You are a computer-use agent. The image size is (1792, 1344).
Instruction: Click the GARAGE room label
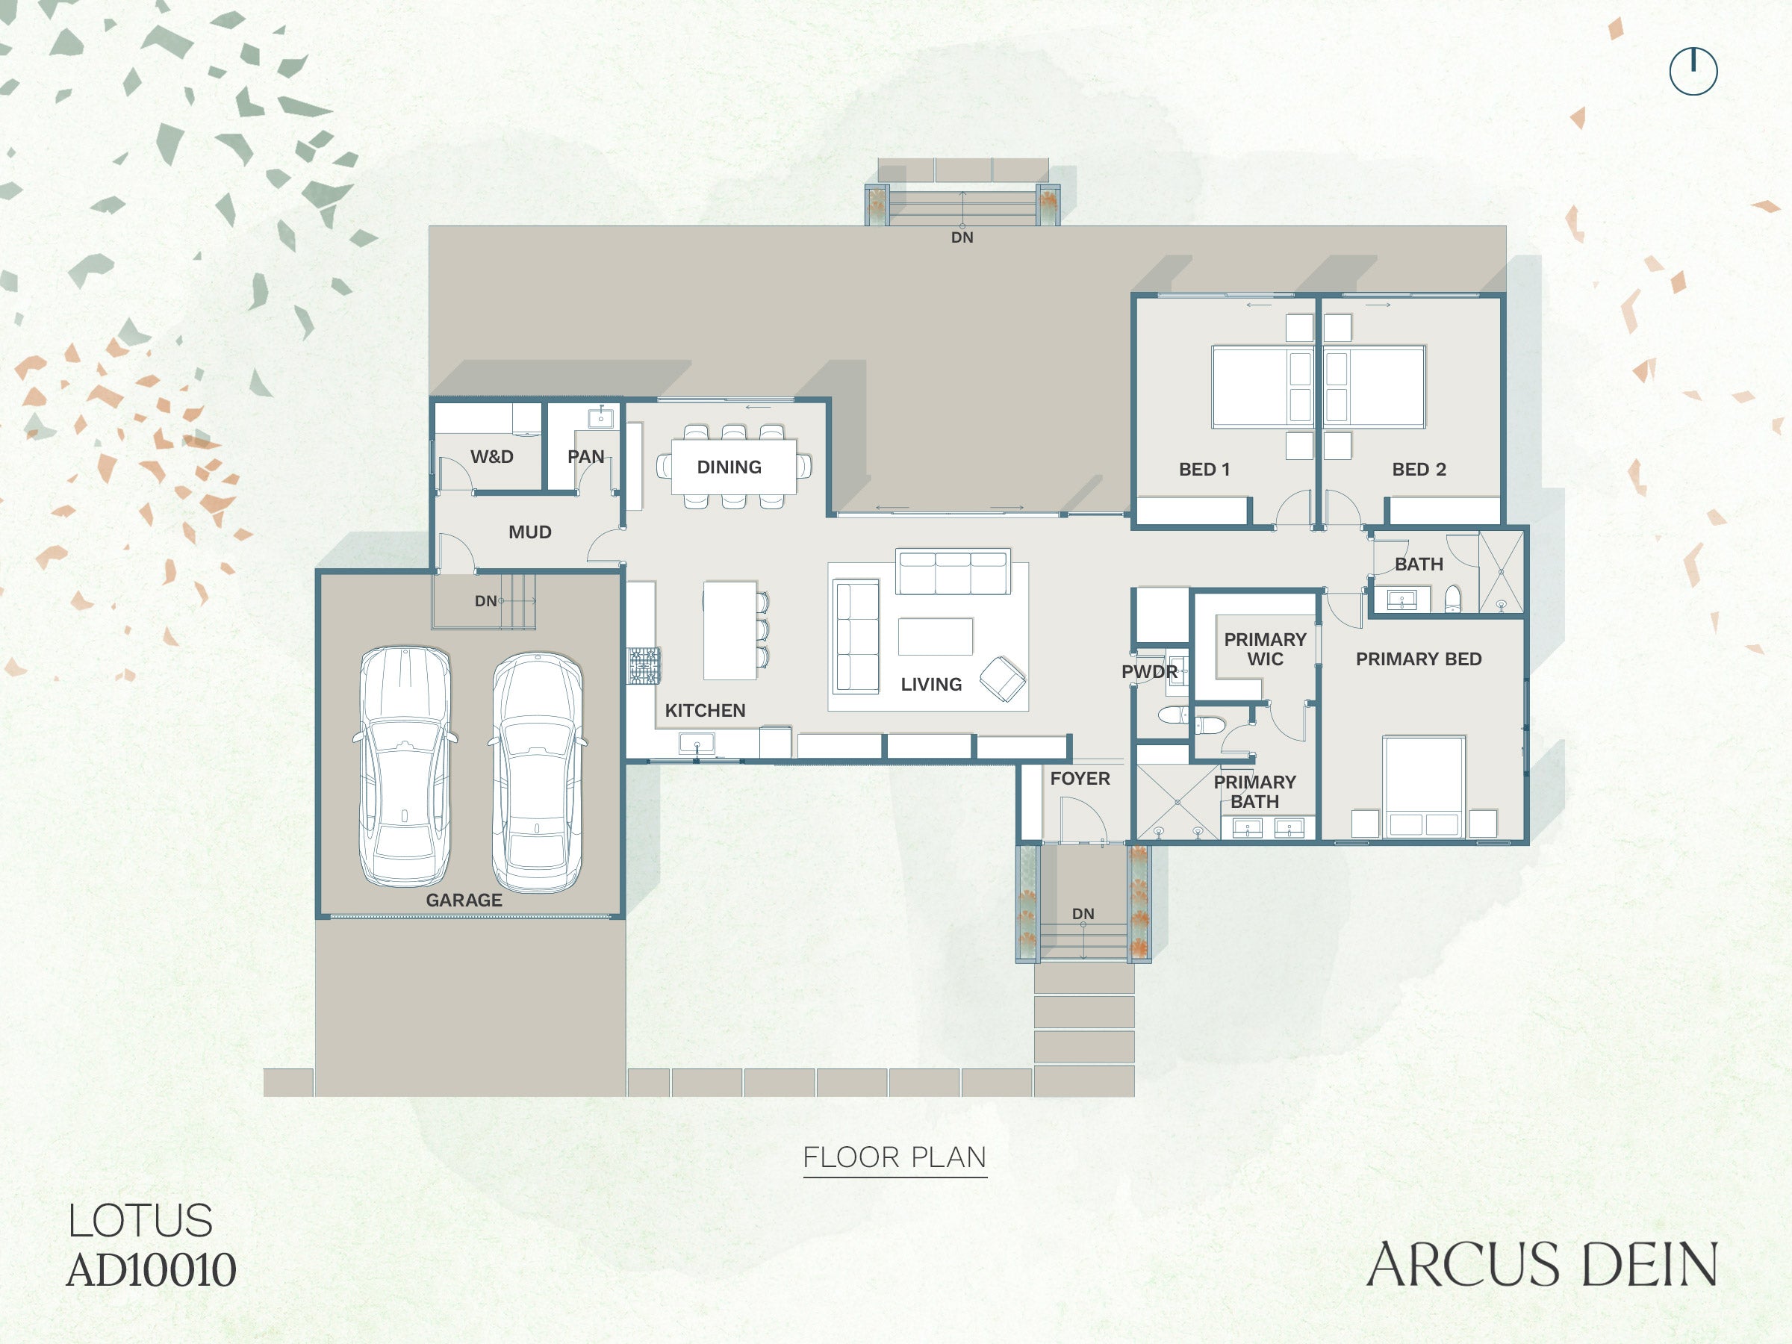pos(464,900)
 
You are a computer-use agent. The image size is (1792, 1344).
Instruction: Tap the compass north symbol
pos(1693,71)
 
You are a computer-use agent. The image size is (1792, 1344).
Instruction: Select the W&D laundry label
pos(492,457)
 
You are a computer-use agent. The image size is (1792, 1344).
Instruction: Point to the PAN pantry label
pos(585,457)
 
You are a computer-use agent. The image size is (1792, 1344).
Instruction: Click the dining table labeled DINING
pos(733,467)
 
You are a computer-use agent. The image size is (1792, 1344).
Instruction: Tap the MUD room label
pos(530,532)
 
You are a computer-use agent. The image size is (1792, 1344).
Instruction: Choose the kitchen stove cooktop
pos(644,666)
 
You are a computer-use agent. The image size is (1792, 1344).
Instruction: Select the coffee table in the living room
pos(935,637)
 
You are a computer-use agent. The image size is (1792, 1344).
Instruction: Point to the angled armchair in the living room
pos(1003,678)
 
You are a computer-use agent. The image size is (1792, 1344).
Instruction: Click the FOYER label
pos(1080,779)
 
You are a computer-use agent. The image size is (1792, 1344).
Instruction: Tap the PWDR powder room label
pos(1150,671)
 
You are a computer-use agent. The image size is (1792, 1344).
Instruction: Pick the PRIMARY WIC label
pos(1265,649)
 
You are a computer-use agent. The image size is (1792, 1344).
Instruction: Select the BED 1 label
pos(1204,469)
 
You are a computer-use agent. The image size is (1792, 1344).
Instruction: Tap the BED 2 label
pos(1419,469)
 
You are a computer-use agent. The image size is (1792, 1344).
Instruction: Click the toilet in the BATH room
pos(1452,599)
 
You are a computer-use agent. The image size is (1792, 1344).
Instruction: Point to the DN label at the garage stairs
pos(485,601)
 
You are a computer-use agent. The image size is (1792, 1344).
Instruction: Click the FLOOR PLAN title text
pos(895,1157)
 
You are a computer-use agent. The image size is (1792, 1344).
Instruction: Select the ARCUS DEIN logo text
pos(1542,1265)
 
